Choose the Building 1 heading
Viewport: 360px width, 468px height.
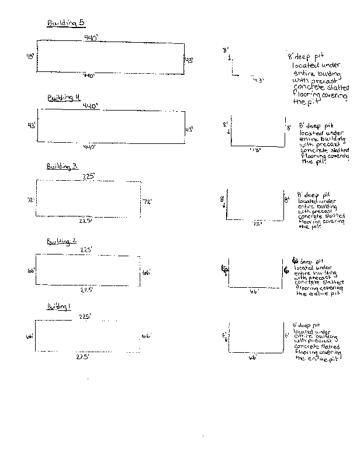[x=59, y=307]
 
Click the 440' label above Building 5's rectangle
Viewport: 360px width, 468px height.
[x=91, y=37]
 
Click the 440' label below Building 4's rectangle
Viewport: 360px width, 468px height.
[x=89, y=146]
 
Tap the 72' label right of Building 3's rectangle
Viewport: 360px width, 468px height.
[x=147, y=202]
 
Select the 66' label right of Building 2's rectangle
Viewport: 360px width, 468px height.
[x=146, y=273]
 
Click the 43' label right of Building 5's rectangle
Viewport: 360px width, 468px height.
[x=189, y=60]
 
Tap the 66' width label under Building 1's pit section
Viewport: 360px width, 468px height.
[x=252, y=356]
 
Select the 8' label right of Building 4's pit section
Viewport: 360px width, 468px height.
[x=288, y=127]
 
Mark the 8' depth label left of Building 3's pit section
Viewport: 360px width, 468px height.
[x=222, y=199]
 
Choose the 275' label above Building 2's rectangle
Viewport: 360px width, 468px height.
[x=86, y=250]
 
